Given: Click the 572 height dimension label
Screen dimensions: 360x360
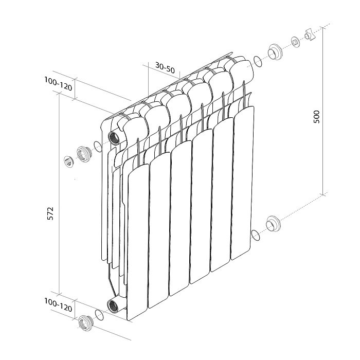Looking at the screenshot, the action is coord(50,213).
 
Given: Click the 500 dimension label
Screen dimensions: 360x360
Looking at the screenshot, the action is coord(316,117).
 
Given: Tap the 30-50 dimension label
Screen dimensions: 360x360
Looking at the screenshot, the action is coord(165,67).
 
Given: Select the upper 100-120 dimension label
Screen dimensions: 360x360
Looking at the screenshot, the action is coord(58,84).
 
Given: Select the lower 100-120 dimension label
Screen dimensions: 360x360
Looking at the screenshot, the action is coord(58,305).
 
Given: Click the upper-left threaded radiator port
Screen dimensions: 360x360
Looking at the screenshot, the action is coord(114,138).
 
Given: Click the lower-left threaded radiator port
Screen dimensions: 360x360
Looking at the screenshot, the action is coord(113,307).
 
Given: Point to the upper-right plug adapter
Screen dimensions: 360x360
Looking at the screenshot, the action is coord(275,52).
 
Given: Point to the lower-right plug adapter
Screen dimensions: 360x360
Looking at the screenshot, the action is coord(273,224).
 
